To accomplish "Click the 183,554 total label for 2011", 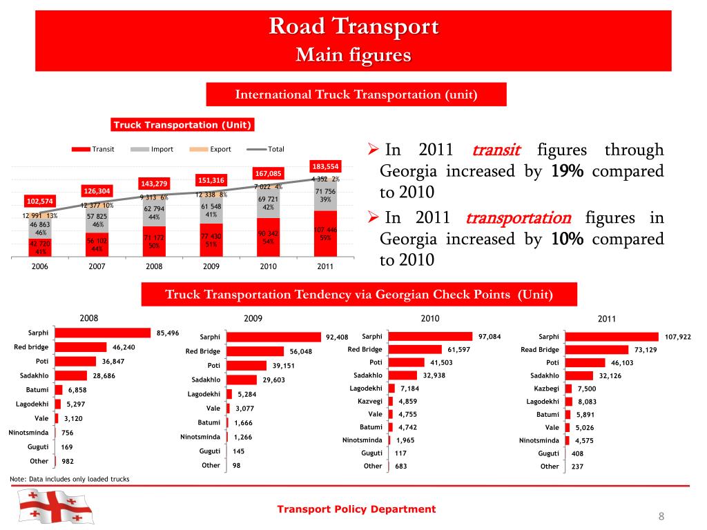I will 325,166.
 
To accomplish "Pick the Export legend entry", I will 212,149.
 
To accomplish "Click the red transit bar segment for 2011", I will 325,235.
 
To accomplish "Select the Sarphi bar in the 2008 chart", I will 103,333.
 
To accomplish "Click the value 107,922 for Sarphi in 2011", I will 678,337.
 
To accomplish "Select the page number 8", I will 661,517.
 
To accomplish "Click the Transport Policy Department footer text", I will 356,509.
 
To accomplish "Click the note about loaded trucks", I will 70,479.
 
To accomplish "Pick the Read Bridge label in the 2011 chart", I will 540,349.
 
